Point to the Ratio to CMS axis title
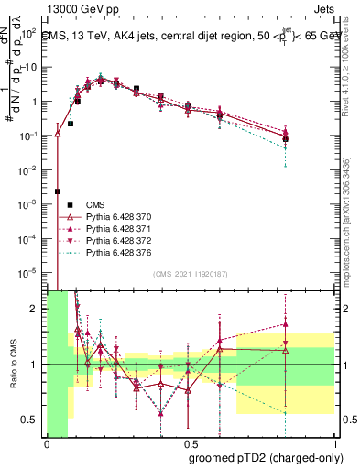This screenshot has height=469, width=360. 12,365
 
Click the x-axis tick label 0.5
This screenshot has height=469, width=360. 191,444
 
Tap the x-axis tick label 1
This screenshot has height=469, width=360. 336,444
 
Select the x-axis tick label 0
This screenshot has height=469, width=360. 47,444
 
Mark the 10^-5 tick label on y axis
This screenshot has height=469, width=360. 27,272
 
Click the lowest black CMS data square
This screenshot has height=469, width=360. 58,191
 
